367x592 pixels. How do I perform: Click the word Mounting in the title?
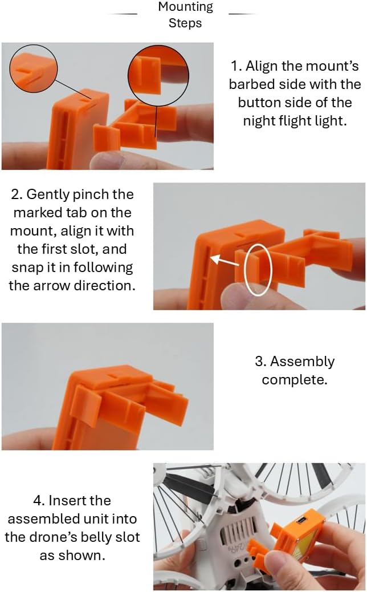click(186, 7)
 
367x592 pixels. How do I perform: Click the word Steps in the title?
click(185, 23)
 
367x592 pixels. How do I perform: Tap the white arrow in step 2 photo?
click(225, 261)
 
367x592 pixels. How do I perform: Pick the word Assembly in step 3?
click(302, 362)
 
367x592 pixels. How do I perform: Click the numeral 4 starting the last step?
click(38, 501)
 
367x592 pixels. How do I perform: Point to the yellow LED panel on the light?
click(304, 547)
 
